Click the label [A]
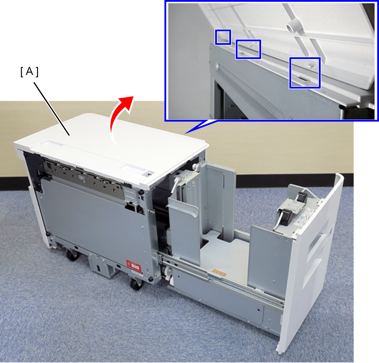[29, 72]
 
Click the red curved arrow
[117, 117]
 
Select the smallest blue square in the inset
[223, 37]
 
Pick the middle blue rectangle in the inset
[248, 49]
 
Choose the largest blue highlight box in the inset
[305, 73]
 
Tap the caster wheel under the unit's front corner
[136, 284]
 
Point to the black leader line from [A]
[52, 109]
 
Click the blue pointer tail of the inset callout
[201, 127]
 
